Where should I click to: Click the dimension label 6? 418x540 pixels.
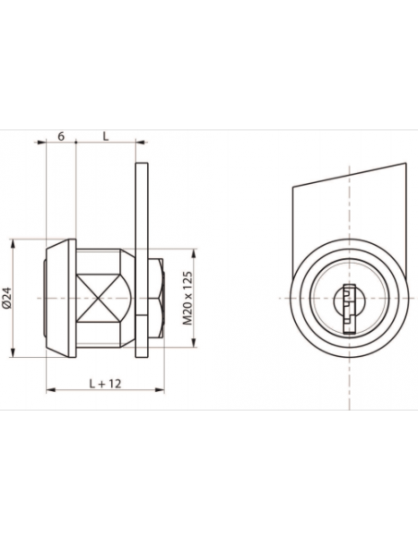pyautogui.click(x=61, y=136)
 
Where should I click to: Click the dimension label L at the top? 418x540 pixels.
pyautogui.click(x=105, y=136)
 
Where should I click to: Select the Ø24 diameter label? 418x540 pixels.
pyautogui.click(x=7, y=298)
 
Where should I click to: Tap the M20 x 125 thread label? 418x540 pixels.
pyautogui.click(x=187, y=299)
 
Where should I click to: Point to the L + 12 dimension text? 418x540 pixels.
pyautogui.click(x=105, y=384)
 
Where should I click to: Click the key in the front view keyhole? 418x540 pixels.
pyautogui.click(x=350, y=309)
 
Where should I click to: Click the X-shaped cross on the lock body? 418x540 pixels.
pyautogui.click(x=98, y=298)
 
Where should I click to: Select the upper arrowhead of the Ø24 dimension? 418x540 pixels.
pyautogui.click(x=13, y=244)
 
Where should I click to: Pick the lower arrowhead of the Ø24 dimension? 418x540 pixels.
pyautogui.click(x=13, y=352)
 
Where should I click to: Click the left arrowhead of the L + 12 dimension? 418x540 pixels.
pyautogui.click(x=51, y=390)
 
